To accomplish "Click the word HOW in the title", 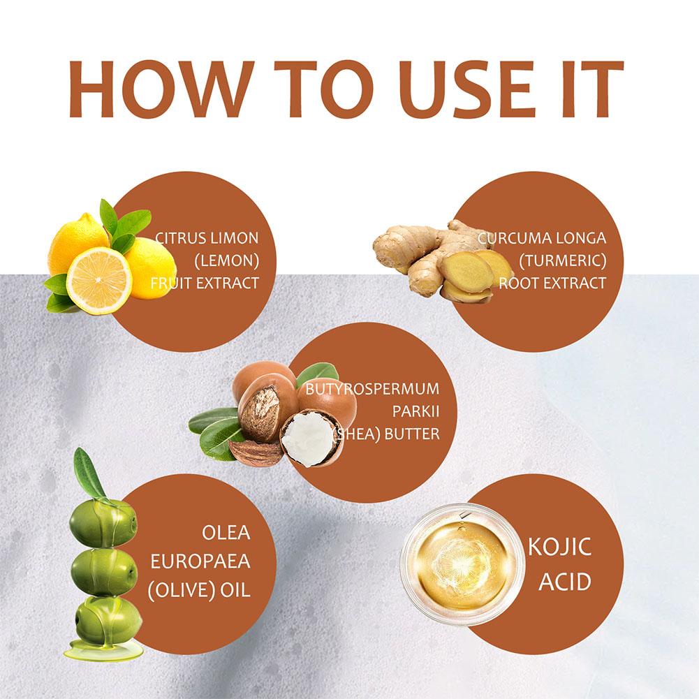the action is pyautogui.click(x=157, y=89).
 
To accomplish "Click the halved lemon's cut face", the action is pyautogui.click(x=99, y=281).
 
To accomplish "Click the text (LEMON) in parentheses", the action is pyautogui.click(x=226, y=260).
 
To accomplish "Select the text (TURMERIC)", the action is pyautogui.click(x=563, y=260).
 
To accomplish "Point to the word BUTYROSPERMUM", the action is pyautogui.click(x=372, y=389).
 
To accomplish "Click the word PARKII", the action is pyautogui.click(x=415, y=411).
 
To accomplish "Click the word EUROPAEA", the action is pyautogui.click(x=200, y=561).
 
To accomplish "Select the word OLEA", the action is pyautogui.click(x=226, y=533).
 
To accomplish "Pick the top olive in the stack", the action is pyautogui.click(x=103, y=522).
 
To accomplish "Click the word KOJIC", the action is pyautogui.click(x=559, y=547).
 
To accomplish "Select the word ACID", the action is pyautogui.click(x=564, y=582).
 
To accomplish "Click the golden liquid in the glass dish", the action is pyautogui.click(x=462, y=564).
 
